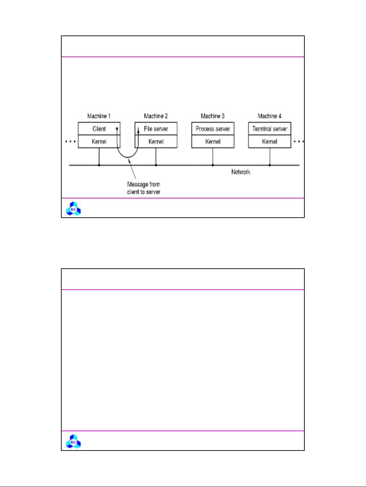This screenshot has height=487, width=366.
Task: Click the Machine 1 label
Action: pos(99,116)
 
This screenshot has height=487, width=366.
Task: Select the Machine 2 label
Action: pos(156,116)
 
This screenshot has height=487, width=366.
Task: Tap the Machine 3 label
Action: pos(213,116)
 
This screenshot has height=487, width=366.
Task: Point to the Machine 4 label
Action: pos(270,116)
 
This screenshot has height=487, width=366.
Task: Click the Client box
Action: pos(99,128)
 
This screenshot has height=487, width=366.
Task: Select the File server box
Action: pos(156,128)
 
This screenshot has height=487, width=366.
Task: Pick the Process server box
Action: pos(213,128)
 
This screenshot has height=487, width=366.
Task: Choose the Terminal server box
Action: pos(270,128)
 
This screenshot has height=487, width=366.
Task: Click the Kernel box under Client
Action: pos(99,141)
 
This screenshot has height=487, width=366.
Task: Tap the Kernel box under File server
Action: pos(156,141)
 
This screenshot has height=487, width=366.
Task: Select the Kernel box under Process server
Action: pos(213,141)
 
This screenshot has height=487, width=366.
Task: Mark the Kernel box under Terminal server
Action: pos(270,141)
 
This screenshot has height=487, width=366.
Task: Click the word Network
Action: pos(241,172)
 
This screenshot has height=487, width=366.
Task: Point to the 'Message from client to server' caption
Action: pos(144,188)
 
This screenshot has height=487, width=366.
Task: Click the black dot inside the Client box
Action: pos(117,129)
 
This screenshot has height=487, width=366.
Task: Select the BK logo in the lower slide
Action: pos(73,441)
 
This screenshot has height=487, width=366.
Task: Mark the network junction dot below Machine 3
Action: pos(213,165)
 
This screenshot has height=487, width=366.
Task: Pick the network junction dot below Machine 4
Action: pos(270,165)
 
